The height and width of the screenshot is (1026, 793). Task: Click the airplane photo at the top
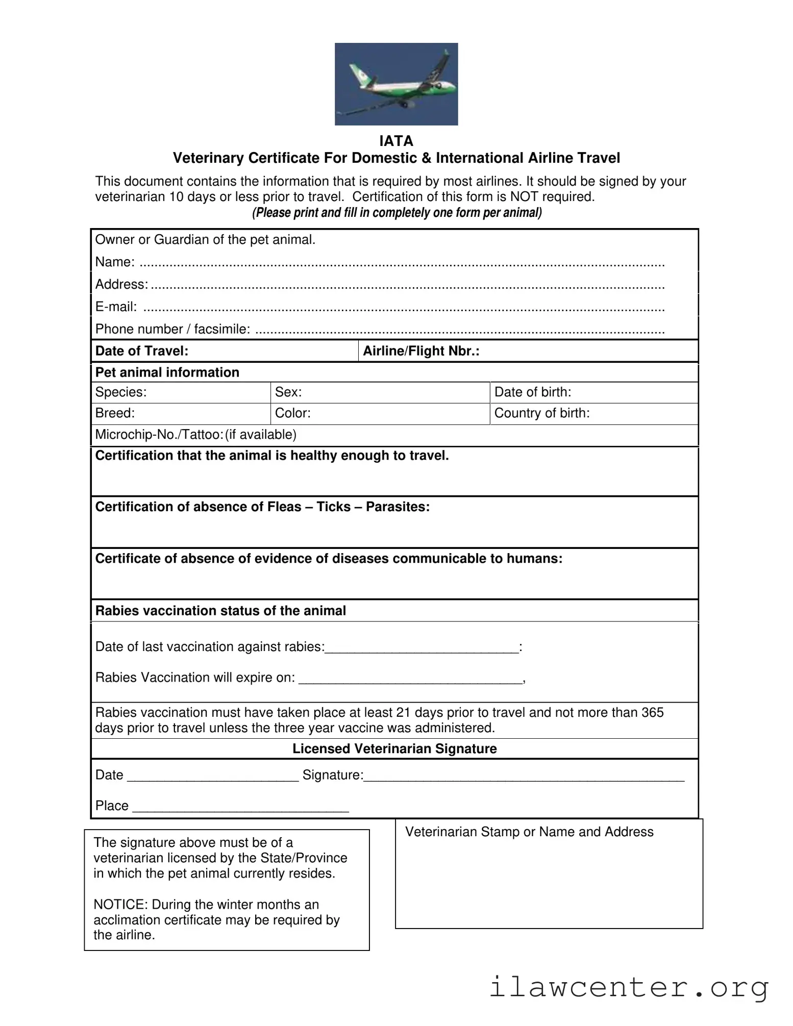coord(396,84)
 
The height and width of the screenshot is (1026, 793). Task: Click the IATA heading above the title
coord(396,141)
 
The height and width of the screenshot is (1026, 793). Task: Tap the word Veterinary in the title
coord(209,158)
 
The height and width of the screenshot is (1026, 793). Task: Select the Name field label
coord(115,262)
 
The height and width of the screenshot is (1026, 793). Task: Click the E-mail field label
coord(116,307)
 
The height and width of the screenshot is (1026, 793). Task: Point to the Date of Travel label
coord(142,351)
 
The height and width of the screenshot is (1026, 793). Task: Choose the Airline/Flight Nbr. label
coord(421,351)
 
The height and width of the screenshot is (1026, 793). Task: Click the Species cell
coord(181,392)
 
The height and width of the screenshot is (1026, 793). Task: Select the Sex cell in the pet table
coord(380,392)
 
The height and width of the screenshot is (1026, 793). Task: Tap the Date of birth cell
coord(593,392)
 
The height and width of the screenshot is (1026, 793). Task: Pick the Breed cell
coord(181,413)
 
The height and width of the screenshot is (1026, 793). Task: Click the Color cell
coord(380,413)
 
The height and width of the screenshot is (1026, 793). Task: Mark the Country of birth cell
coord(593,413)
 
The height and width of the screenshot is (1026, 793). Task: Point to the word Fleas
coord(284,507)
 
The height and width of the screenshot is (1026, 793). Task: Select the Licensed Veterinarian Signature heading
coord(394,749)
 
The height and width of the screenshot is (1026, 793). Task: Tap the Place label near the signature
coord(112,806)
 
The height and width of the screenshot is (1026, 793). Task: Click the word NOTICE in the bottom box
coord(120,905)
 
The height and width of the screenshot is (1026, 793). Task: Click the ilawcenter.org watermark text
coord(629,987)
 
